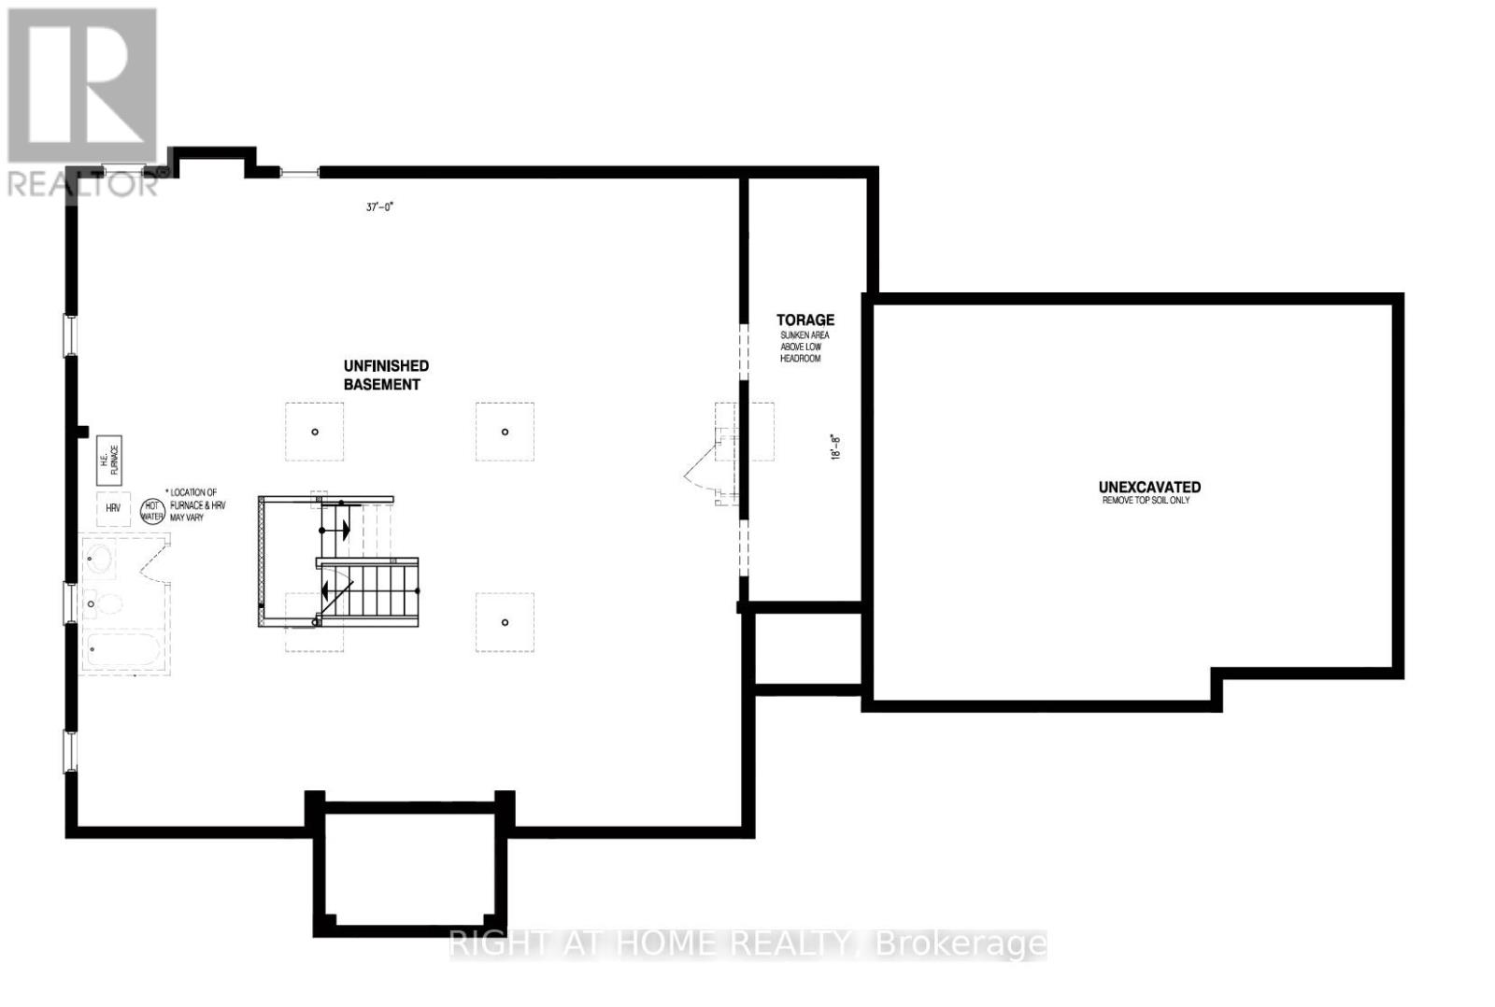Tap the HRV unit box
coord(113,508)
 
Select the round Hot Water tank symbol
coord(151,510)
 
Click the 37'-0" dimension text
coord(380,206)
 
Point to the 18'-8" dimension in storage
coord(836,445)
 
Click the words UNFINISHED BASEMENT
coord(385,375)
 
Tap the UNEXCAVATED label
coord(1149,487)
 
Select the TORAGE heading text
coord(804,319)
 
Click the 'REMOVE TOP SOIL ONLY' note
coord(1146,501)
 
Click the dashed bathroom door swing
coord(153,560)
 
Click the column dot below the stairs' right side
coord(505,622)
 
